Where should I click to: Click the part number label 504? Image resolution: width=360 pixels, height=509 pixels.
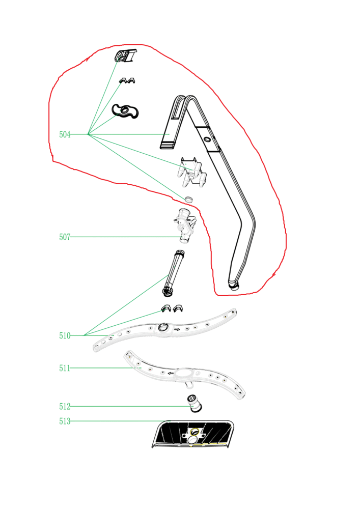(x=65, y=134)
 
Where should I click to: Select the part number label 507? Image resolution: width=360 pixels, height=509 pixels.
(x=65, y=237)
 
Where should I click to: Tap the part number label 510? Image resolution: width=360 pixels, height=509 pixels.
(x=65, y=335)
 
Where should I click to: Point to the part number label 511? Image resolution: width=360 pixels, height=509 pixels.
(x=65, y=368)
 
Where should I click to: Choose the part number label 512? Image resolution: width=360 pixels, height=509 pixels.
(x=65, y=406)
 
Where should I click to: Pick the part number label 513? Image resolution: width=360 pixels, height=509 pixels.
(x=65, y=421)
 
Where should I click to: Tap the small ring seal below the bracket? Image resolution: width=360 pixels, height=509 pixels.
(x=188, y=199)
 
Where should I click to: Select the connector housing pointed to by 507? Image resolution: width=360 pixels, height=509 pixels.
(x=185, y=225)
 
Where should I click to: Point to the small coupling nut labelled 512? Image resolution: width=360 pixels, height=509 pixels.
(x=195, y=404)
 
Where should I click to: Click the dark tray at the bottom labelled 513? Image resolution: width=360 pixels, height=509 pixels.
(x=193, y=434)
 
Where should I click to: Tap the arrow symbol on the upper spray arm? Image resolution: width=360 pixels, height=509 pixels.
(x=177, y=329)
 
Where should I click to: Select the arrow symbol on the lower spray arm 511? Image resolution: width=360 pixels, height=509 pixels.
(x=170, y=373)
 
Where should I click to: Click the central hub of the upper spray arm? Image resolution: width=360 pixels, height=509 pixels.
(x=163, y=327)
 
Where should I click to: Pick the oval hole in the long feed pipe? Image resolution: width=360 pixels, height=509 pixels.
(x=207, y=140)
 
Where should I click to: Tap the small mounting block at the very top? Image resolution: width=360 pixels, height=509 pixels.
(x=126, y=55)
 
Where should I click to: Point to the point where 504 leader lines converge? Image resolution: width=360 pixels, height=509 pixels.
(x=88, y=134)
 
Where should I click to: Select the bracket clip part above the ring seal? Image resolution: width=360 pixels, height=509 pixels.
(x=192, y=172)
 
